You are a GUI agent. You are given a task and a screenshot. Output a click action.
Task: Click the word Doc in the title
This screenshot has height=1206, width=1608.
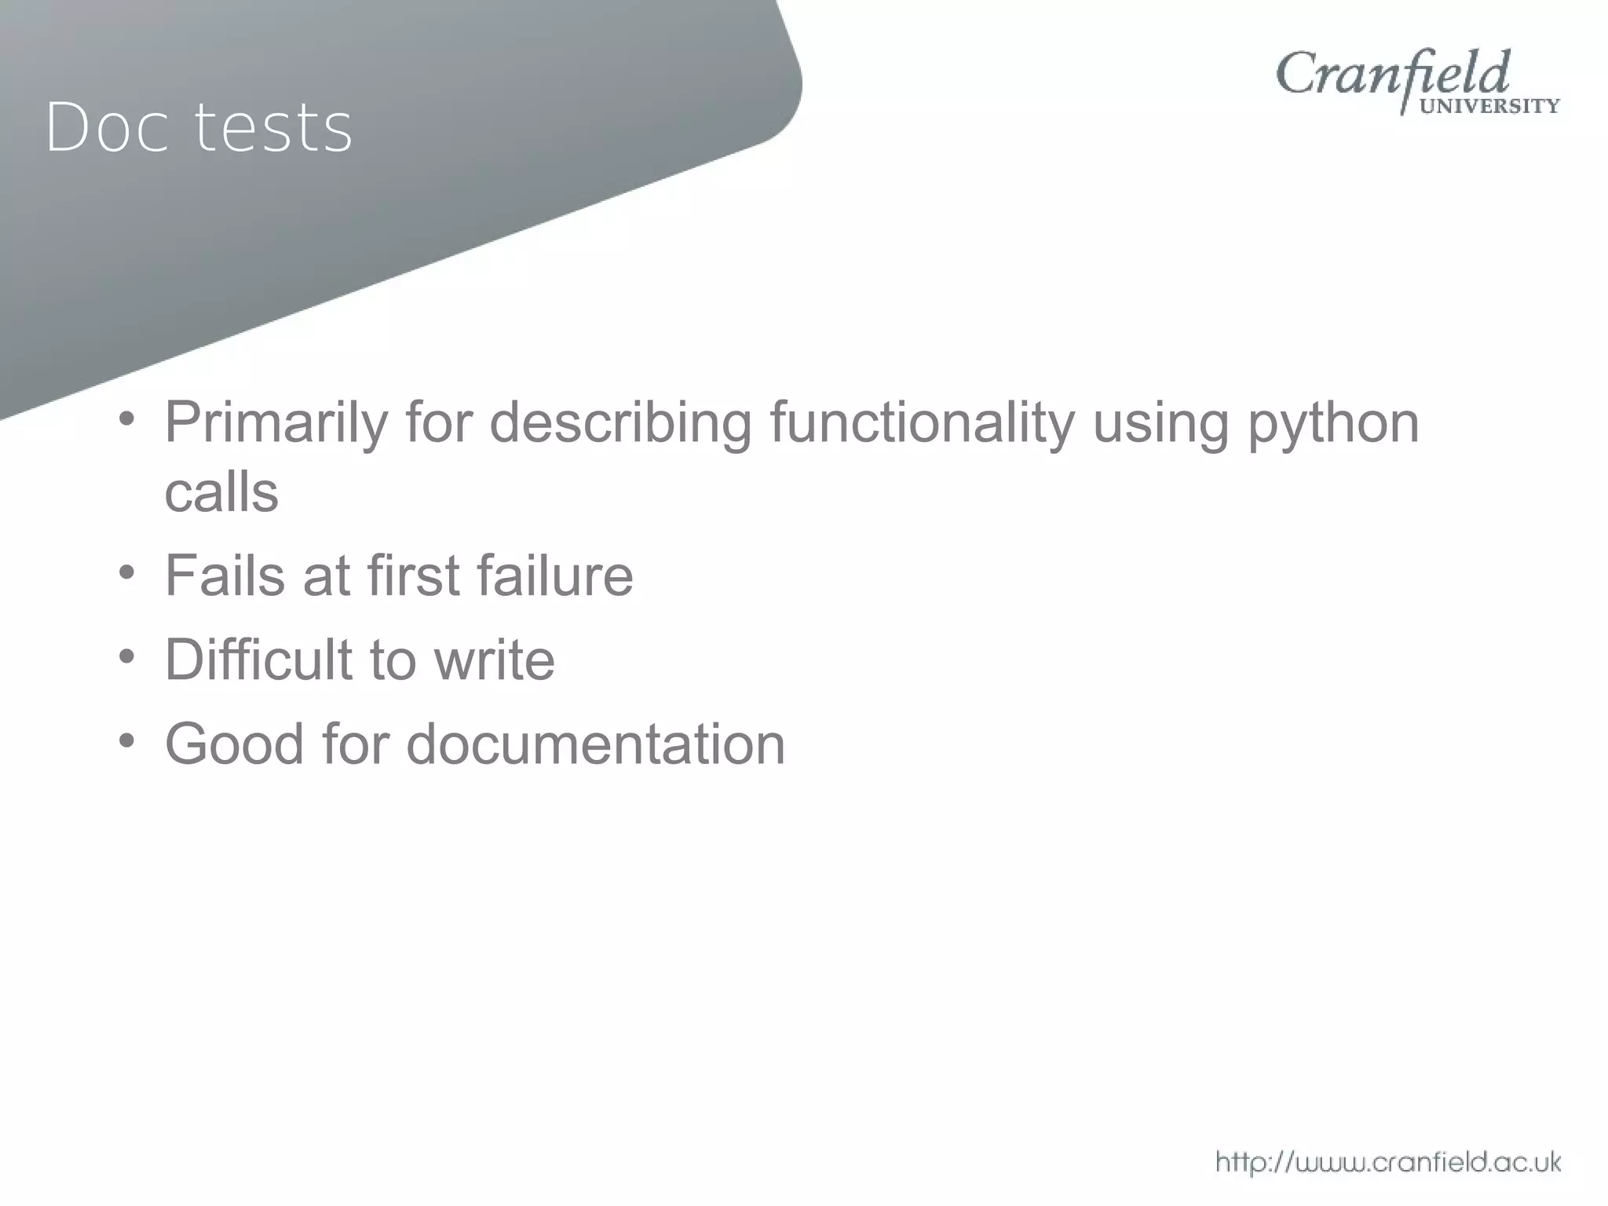click(108, 127)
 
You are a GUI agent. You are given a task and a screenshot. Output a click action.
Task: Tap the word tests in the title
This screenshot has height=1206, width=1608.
click(273, 127)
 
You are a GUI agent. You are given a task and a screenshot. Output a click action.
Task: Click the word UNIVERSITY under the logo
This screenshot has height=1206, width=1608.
click(1489, 106)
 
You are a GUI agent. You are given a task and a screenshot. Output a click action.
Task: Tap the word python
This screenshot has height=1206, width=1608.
click(1333, 424)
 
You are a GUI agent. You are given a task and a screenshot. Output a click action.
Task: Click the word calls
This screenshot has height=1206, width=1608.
click(221, 493)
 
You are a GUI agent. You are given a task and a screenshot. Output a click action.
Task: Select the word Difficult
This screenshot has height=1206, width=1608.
click(258, 660)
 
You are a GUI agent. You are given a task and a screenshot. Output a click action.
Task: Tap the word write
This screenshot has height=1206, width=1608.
click(495, 660)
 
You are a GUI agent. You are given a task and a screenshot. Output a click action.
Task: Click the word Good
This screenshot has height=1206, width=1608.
click(234, 744)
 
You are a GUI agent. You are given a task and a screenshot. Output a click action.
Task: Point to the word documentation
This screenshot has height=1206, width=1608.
click(595, 744)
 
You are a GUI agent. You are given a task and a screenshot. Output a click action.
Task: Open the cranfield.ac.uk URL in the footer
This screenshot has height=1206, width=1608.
click(1388, 1161)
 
